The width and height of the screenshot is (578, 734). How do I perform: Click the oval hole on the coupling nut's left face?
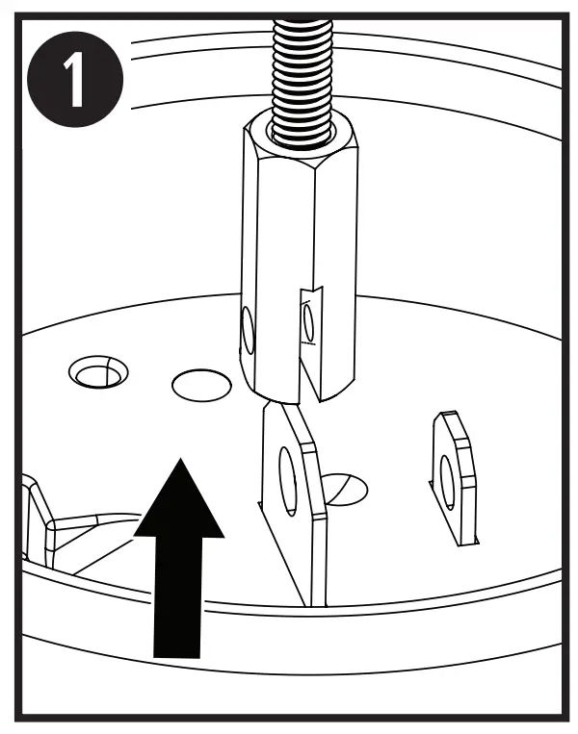249,333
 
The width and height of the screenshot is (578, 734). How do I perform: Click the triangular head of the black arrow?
179,500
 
